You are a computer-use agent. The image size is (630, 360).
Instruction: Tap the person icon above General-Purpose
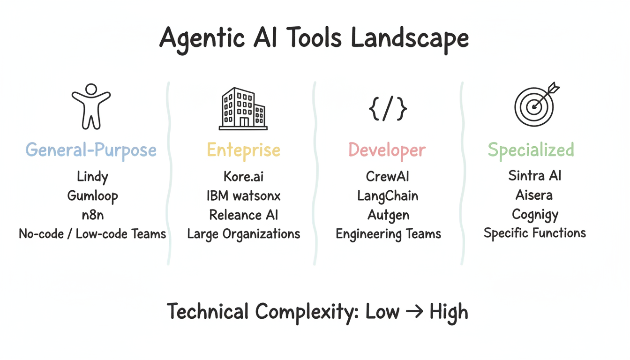tap(91, 106)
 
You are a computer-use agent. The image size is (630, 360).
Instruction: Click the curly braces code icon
tap(388, 109)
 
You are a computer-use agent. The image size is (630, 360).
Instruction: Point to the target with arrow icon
tap(535, 105)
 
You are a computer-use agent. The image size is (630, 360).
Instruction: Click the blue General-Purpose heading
tap(91, 150)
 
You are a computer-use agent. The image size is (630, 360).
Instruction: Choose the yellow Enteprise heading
tap(243, 150)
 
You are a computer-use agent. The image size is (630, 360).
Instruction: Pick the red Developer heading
tap(387, 150)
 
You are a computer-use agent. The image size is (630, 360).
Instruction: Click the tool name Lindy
tap(92, 177)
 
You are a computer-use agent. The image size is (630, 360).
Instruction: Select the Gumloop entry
tap(92, 196)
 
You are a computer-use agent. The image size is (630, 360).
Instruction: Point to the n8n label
tap(92, 215)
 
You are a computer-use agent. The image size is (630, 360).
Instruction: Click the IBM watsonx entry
tap(244, 196)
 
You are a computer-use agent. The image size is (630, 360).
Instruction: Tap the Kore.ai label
tap(244, 177)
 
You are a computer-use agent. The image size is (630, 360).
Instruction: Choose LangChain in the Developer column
tap(388, 196)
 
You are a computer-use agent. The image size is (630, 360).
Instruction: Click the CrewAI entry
tap(388, 177)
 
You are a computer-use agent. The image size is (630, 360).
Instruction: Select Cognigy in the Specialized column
tap(535, 214)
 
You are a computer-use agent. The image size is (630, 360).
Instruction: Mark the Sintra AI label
tap(535, 176)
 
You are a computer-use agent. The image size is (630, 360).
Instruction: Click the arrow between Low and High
tap(414, 312)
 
